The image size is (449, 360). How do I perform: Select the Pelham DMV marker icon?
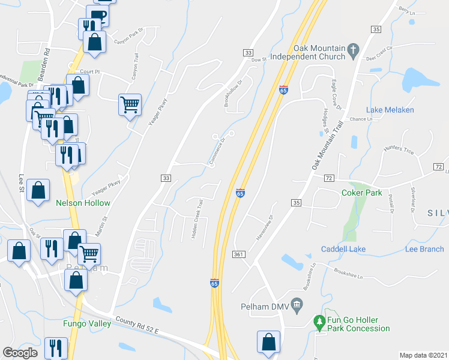click(x=296, y=307)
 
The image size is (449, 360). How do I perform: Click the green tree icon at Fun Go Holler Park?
click(x=319, y=323)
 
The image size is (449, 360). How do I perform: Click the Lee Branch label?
click(x=424, y=249)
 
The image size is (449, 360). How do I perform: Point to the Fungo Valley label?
click(x=87, y=323)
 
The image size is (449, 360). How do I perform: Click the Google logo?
click(x=20, y=353)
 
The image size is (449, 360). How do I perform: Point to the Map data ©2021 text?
click(x=423, y=355)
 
